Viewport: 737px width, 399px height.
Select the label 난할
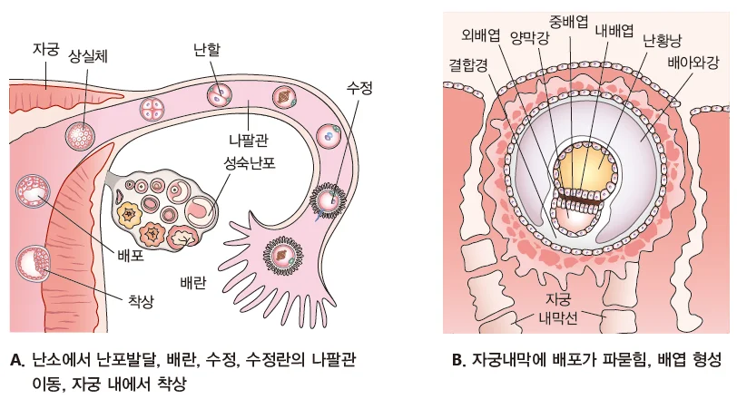click(x=207, y=47)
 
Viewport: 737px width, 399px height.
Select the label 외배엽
click(x=481, y=37)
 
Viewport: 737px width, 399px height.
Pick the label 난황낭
click(x=660, y=42)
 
